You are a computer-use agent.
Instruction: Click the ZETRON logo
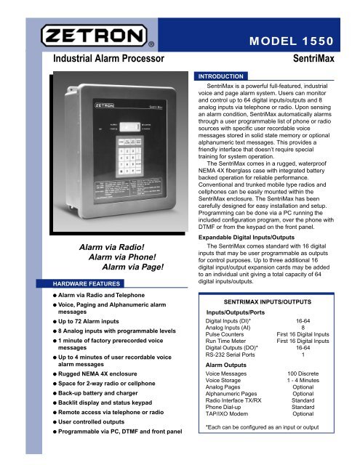(x=94, y=35)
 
